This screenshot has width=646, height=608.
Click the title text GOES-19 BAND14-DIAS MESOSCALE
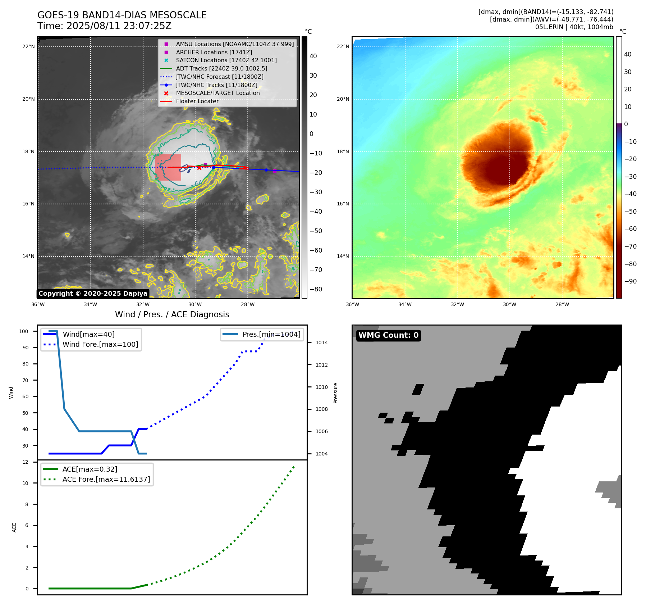point(122,15)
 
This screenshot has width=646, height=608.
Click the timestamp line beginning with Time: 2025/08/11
point(104,26)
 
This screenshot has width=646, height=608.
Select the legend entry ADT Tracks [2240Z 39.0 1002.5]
point(221,68)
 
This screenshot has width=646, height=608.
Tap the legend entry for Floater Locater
point(197,101)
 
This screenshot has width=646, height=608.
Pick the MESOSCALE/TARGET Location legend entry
point(217,93)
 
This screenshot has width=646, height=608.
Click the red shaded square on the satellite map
point(168,167)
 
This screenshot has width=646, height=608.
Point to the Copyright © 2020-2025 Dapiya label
point(93,294)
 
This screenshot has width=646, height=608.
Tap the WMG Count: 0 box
point(388,335)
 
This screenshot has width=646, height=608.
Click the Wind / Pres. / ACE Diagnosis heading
point(172,314)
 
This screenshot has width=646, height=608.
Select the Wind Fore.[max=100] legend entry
point(100,344)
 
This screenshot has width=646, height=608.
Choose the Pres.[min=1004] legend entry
point(271,334)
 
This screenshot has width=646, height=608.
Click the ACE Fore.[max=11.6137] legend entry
point(106,479)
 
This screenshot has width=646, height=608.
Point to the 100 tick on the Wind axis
point(24,331)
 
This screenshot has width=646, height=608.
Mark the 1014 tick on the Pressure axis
point(321,342)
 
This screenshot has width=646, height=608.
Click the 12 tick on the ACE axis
point(25,462)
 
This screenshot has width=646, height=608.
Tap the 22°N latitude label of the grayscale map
point(28,46)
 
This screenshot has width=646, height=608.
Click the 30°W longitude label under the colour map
point(509,304)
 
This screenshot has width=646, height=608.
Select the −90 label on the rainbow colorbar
point(630,281)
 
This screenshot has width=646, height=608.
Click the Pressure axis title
point(335,393)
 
